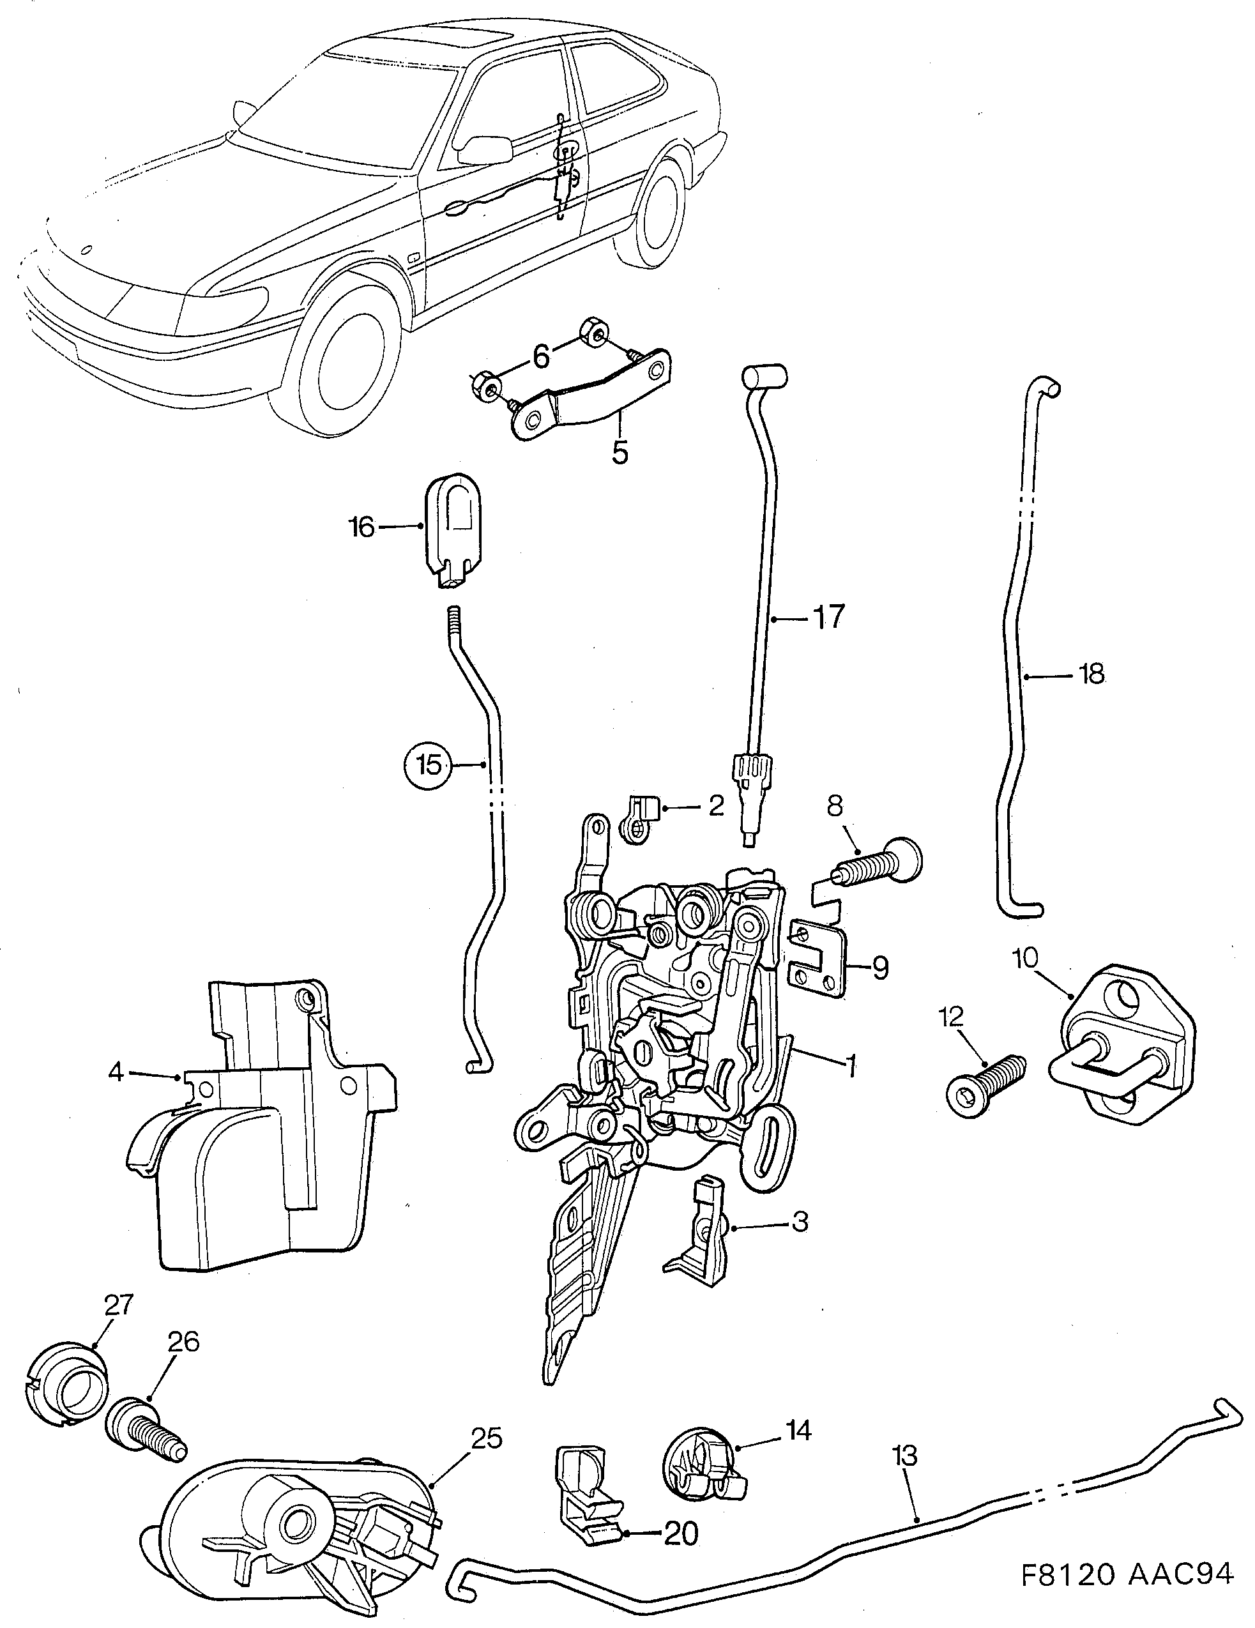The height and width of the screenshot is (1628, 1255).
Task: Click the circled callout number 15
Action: tap(429, 765)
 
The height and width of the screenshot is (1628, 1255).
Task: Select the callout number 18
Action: tap(1091, 674)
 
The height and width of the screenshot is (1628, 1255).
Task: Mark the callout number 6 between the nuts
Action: tap(542, 356)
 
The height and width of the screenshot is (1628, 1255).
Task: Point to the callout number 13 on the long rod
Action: tap(906, 1455)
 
